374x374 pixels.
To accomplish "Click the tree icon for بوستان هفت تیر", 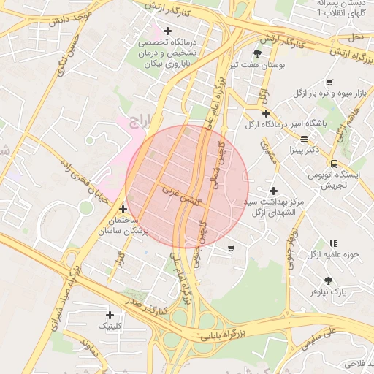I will (x=257, y=54).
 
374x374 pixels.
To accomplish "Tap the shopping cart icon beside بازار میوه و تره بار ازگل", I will (x=329, y=83).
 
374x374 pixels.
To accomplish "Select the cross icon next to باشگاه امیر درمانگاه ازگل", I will (x=266, y=113).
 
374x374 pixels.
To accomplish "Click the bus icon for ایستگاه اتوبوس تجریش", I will (x=333, y=164).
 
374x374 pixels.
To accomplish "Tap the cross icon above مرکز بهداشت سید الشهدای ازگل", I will (x=273, y=190).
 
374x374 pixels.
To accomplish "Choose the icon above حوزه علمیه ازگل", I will (x=333, y=243).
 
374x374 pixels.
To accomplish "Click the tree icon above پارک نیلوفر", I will (x=327, y=280).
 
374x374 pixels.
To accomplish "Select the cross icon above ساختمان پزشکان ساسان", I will (x=123, y=210).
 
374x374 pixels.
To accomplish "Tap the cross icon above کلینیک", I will (x=110, y=315).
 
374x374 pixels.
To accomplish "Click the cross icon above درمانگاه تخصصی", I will (x=168, y=31).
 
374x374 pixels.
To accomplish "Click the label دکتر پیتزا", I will (x=304, y=150).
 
